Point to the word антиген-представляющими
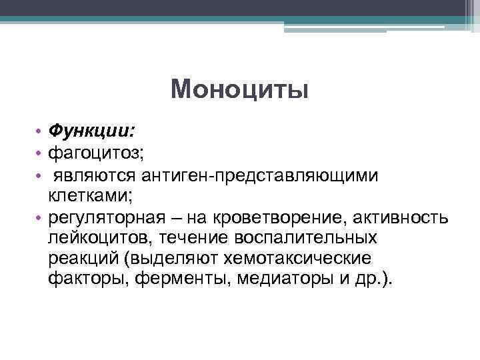click(260, 175)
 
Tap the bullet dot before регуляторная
click(41, 218)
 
